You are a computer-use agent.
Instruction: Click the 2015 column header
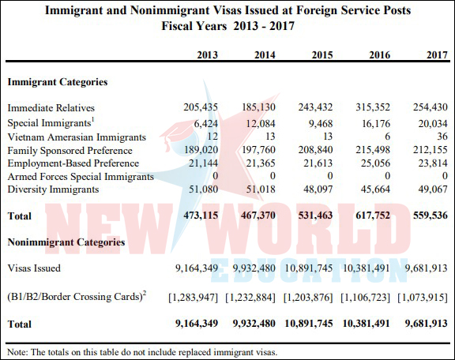tap(322, 54)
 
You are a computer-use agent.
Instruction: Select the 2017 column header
tap(437, 54)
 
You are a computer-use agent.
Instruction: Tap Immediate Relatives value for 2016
tap(373, 107)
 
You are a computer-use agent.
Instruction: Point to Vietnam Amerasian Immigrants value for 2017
tap(442, 136)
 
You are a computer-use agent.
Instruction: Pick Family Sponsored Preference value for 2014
tap(258, 150)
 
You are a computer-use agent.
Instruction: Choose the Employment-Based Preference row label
tap(73, 163)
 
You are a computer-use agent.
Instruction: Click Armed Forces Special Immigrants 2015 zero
tap(329, 176)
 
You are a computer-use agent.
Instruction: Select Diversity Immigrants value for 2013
tap(204, 189)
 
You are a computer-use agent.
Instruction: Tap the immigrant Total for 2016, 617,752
tap(373, 216)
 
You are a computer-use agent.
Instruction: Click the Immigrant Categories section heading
tap(58, 82)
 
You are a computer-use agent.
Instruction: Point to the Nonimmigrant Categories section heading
tap(66, 242)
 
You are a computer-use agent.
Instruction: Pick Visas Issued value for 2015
tap(309, 268)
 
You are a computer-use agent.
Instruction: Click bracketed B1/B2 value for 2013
tap(194, 298)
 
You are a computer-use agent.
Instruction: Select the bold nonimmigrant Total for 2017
tap(427, 324)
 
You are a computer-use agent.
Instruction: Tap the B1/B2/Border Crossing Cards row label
tap(77, 297)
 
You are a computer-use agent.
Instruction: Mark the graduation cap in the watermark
tap(172, 134)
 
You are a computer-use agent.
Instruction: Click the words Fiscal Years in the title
tap(194, 26)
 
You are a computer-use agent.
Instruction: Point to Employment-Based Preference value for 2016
tap(375, 163)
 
